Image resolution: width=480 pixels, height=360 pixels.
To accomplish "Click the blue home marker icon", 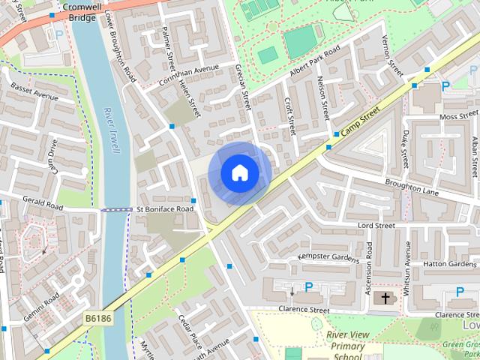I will (239, 173).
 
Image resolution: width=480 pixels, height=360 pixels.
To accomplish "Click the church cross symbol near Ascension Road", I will (386, 298).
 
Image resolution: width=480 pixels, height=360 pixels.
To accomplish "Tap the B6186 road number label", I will (97, 319).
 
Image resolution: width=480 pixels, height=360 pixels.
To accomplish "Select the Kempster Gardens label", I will (328, 257).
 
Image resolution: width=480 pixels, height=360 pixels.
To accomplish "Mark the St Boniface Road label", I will (164, 208).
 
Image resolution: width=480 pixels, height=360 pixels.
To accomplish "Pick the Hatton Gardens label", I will (449, 264).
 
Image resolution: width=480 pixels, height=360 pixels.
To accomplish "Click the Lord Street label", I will (376, 225).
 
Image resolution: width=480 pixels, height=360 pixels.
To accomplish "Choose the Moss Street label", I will (458, 117).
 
